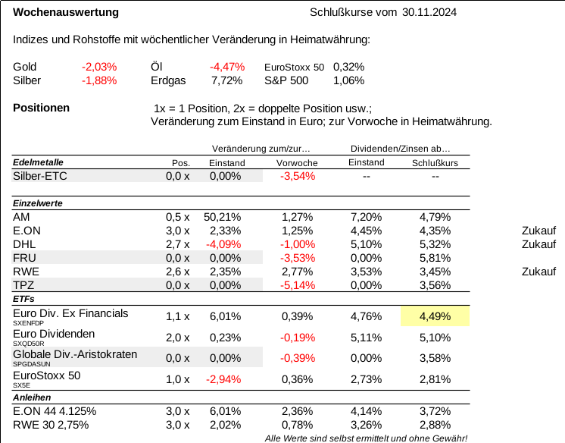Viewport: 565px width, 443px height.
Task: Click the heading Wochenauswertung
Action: (x=66, y=12)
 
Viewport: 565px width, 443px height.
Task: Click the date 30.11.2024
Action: (x=429, y=12)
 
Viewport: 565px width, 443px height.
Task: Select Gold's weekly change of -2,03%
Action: (x=99, y=67)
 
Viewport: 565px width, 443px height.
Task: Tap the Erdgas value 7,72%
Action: (x=226, y=80)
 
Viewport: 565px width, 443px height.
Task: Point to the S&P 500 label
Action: (x=286, y=80)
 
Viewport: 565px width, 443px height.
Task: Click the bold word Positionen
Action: (x=41, y=108)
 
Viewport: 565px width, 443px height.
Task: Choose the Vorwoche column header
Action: (x=297, y=163)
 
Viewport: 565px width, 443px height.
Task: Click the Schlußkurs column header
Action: (x=435, y=163)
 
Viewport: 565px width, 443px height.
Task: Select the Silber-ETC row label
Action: (x=40, y=176)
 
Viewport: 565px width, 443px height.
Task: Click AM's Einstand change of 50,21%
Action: (x=223, y=217)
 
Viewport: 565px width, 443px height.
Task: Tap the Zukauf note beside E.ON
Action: (x=538, y=231)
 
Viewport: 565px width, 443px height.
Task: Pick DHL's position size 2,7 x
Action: (x=178, y=244)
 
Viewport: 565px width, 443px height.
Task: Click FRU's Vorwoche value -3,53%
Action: (x=298, y=258)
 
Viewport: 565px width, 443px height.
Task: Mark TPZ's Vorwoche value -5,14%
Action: (x=298, y=285)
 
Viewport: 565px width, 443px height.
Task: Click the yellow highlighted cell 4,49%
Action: (x=435, y=316)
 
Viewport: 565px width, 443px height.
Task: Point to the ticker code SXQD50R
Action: (x=29, y=344)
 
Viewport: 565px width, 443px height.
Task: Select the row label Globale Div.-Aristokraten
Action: (x=75, y=354)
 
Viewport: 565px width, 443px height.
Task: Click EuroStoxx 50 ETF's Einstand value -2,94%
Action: (x=223, y=379)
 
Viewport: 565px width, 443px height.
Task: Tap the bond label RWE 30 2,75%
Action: (x=51, y=425)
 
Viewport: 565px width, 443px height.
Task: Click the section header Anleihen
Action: (x=32, y=397)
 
